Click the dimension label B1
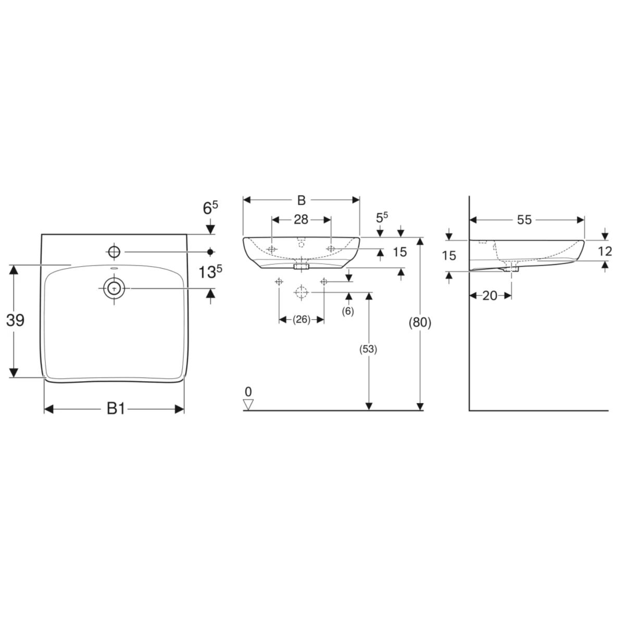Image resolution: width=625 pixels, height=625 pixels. coord(116,409)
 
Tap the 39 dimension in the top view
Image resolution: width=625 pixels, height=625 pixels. coord(15,320)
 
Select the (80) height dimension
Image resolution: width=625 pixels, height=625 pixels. coord(420,323)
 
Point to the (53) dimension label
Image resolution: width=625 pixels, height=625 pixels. coord(368,349)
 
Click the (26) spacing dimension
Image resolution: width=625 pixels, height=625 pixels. coord(302,320)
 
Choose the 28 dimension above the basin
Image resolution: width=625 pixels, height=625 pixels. coord(301,220)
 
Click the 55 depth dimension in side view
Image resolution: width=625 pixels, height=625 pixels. coord(524,220)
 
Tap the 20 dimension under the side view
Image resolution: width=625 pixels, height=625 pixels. coord(490,295)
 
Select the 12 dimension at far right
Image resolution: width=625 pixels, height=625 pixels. coord(605,251)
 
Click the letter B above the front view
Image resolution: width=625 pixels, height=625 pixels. coord(302,200)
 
